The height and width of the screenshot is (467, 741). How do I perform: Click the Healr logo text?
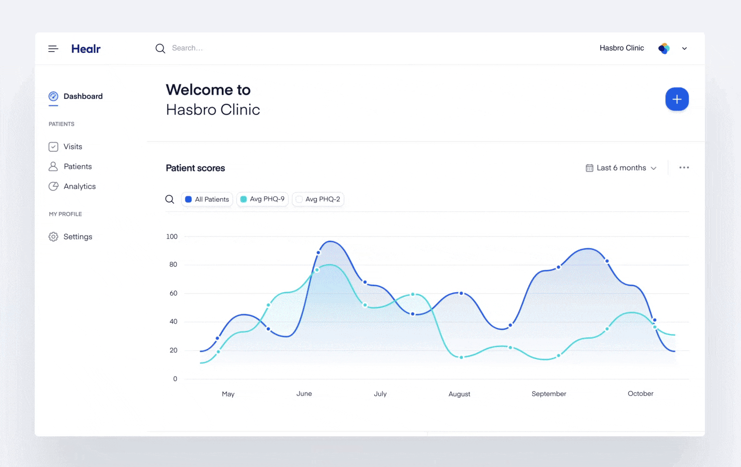(x=86, y=49)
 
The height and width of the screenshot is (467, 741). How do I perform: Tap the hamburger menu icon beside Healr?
(x=53, y=49)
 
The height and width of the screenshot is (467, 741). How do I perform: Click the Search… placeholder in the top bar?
(x=187, y=48)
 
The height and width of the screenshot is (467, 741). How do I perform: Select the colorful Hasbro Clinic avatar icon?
(x=664, y=48)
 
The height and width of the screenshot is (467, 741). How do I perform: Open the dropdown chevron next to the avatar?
(x=684, y=48)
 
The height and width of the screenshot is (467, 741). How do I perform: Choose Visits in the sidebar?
(x=73, y=147)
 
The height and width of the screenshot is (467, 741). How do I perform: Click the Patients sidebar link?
(x=77, y=166)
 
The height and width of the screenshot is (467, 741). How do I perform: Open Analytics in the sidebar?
(x=79, y=186)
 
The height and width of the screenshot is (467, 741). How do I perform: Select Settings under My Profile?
(x=77, y=237)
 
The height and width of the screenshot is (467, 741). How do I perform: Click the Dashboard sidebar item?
(x=82, y=96)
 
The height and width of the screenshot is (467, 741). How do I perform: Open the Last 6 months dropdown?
(x=621, y=168)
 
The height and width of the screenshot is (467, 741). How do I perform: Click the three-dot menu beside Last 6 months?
(x=684, y=167)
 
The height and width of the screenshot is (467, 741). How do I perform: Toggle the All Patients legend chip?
(x=207, y=199)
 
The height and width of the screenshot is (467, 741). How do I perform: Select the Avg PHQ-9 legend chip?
(x=263, y=199)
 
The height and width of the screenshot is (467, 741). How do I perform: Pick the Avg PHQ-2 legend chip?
(x=318, y=199)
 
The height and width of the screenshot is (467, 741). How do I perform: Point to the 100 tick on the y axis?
(x=172, y=237)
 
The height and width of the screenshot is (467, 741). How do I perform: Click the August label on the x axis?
(x=459, y=394)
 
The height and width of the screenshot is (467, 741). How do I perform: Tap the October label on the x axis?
(x=641, y=394)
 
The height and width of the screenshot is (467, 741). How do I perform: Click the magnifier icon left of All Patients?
(x=170, y=199)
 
